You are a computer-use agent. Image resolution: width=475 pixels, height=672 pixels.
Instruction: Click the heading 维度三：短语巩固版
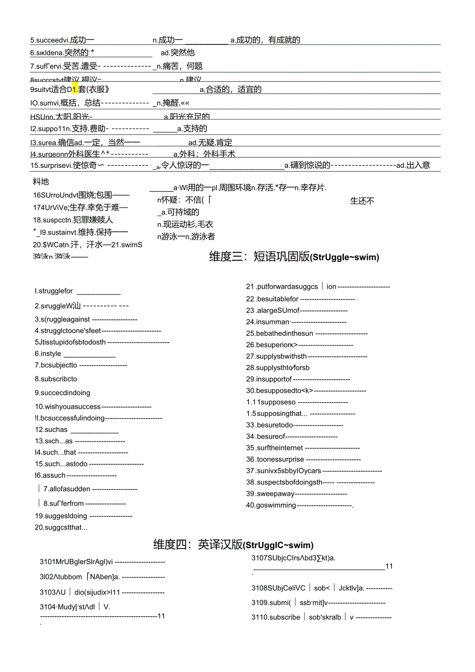(x=294, y=257)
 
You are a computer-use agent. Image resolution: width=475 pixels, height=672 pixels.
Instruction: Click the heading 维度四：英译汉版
(x=233, y=544)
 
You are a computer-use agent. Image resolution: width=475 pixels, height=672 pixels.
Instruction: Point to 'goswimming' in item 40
(x=271, y=505)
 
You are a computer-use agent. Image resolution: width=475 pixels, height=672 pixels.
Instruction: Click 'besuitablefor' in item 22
(x=272, y=299)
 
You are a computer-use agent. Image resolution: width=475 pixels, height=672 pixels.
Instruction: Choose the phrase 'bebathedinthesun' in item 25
(x=279, y=333)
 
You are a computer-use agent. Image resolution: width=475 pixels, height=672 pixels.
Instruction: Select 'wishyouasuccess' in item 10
(x=68, y=407)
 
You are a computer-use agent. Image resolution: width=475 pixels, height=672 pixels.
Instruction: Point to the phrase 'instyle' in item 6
(x=48, y=354)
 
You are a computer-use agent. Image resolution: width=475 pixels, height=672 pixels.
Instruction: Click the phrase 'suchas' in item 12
(x=51, y=429)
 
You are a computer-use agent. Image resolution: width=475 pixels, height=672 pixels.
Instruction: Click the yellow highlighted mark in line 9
(x=75, y=89)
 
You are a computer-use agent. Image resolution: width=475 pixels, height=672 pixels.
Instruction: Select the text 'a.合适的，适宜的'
(x=230, y=89)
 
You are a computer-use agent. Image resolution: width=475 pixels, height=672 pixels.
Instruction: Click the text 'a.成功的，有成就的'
(x=265, y=40)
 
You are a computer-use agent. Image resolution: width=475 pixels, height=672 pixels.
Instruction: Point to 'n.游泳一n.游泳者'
(x=186, y=237)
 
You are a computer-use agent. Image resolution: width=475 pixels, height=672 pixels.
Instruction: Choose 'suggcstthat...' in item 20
(x=61, y=527)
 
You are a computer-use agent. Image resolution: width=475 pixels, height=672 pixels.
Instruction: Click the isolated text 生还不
(x=362, y=201)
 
